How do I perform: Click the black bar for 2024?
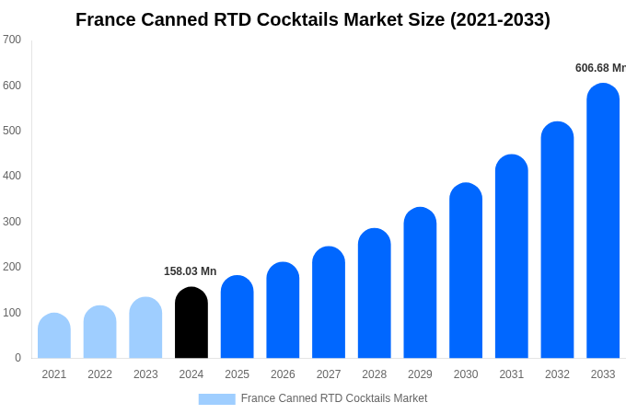191,323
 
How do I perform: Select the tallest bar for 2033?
603,221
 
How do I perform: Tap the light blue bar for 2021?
54,336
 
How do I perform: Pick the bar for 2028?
375,293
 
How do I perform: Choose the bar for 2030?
466,270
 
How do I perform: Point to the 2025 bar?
238,317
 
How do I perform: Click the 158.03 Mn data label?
190,271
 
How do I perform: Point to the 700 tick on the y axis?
12,40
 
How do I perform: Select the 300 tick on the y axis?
12,222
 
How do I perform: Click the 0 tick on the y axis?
17,358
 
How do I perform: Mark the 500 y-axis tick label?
12,131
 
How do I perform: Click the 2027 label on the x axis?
329,374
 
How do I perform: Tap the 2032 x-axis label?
557,374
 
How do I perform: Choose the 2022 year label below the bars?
99,374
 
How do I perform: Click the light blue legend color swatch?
216,398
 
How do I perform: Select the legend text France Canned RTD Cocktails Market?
334,398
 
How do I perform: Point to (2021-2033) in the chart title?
500,19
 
